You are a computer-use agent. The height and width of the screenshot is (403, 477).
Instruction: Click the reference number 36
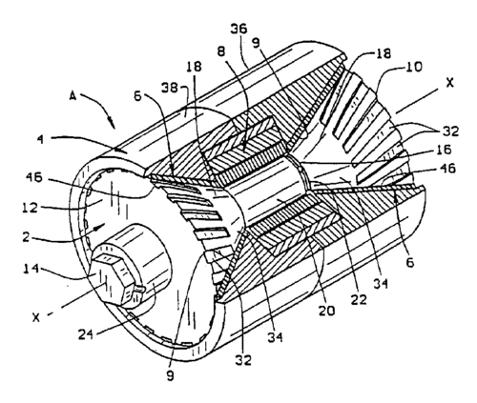coord(238,30)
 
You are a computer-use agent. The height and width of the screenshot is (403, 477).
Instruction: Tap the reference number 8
coord(221,51)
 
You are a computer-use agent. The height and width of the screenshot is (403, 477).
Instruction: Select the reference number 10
coord(414,67)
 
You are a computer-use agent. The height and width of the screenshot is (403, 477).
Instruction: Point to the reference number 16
coord(444,150)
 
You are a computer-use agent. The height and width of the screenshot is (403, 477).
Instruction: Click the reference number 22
coord(359,299)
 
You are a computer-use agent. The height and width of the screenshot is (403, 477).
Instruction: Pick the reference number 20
coord(326,311)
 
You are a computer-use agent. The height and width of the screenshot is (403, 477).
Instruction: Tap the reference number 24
coord(86,334)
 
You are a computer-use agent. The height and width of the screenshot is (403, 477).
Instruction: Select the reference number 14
coord(31,269)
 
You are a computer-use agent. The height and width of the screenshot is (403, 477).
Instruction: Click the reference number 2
coord(26,236)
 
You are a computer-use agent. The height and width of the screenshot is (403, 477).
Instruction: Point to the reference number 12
coord(31,208)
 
